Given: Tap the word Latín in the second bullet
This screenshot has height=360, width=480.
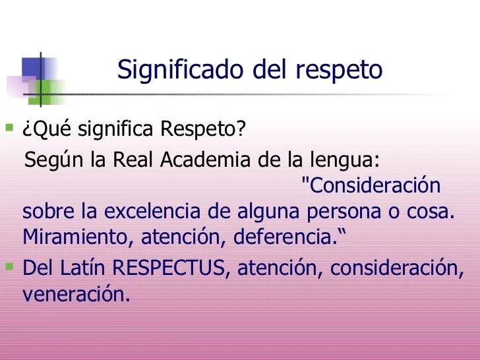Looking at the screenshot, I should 82,269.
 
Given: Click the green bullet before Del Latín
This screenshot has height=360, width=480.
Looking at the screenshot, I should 9,267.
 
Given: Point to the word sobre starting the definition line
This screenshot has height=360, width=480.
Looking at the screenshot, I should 46,213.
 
